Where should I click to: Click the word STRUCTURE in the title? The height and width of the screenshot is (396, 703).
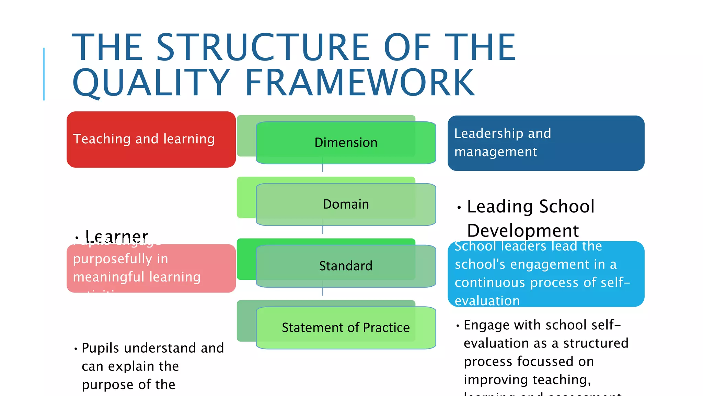click(263, 47)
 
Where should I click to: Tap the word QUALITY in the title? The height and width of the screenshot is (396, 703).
click(151, 82)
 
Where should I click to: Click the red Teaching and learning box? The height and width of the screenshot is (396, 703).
click(151, 139)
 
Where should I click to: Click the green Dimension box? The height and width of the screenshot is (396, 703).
click(346, 142)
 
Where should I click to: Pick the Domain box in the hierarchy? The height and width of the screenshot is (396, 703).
click(346, 204)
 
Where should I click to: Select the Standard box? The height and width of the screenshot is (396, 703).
click(346, 266)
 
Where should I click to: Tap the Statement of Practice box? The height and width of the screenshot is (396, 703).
click(346, 328)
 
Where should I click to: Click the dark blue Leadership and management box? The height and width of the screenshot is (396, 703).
click(546, 143)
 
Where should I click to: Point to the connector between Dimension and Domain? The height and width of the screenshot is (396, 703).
click(323, 168)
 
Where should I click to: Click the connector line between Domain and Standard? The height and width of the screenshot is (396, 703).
click(323, 230)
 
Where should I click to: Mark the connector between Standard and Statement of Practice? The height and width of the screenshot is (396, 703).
click(323, 291)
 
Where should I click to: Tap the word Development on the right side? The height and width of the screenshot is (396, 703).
click(523, 231)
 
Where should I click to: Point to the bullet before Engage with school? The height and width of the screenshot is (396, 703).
click(458, 326)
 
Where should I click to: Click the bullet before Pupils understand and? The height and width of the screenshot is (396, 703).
click(76, 349)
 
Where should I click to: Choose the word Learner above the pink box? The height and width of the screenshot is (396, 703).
click(117, 236)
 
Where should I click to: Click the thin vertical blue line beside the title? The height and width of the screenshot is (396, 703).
click(44, 74)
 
